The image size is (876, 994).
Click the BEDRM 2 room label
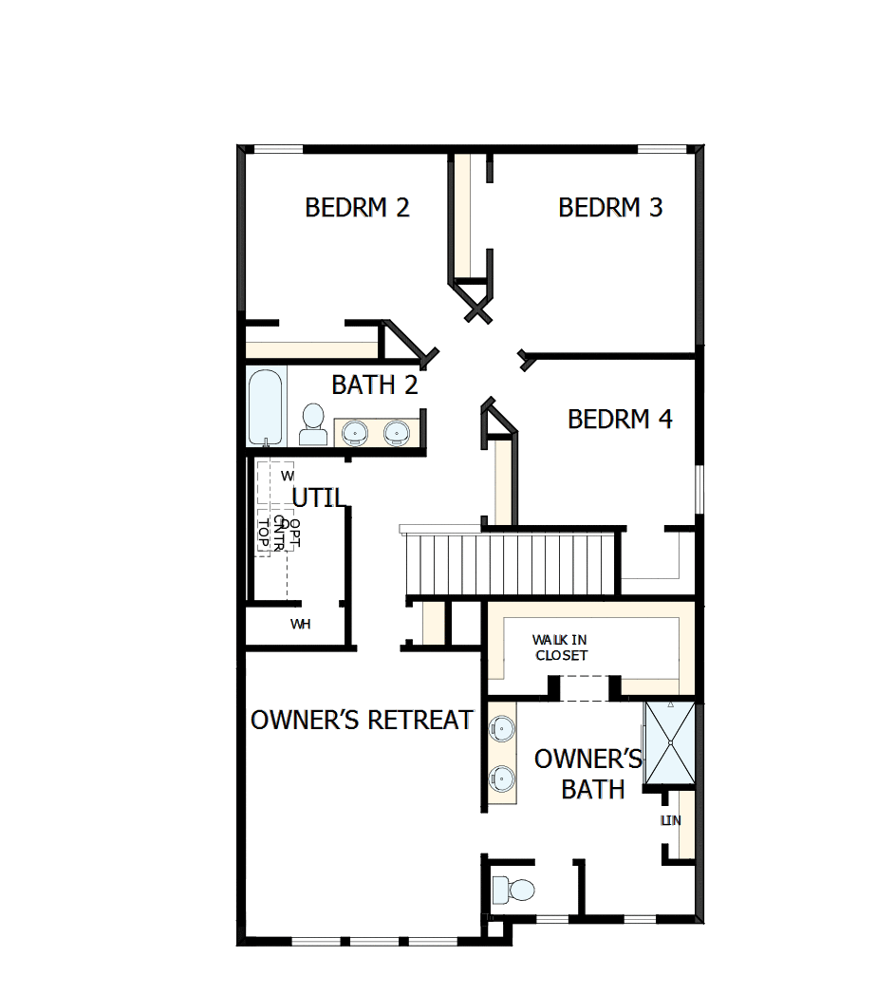(x=357, y=208)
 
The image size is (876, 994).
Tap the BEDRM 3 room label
(x=610, y=208)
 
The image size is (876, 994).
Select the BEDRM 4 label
(x=620, y=419)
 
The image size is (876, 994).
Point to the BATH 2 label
(x=375, y=384)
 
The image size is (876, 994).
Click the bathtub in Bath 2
(x=265, y=405)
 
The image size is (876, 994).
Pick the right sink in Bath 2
(x=396, y=432)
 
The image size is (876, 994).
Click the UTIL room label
(x=318, y=497)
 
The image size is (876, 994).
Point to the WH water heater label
(x=300, y=624)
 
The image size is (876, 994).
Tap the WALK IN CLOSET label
(x=559, y=647)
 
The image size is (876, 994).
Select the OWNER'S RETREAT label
(x=362, y=720)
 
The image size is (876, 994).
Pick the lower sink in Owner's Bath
(x=502, y=779)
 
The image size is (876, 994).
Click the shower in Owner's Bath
(x=669, y=743)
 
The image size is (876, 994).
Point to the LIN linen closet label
(x=671, y=819)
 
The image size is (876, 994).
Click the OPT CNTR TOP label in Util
(x=278, y=533)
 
